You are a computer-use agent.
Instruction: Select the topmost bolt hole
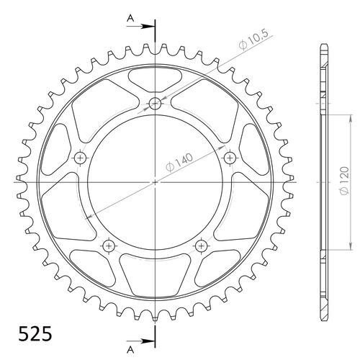click(x=156, y=104)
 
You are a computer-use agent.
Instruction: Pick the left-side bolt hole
click(x=80, y=158)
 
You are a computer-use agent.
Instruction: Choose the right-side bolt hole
click(x=230, y=158)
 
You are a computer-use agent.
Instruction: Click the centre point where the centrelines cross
click(x=156, y=183)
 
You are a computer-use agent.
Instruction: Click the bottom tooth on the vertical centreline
click(x=156, y=317)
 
